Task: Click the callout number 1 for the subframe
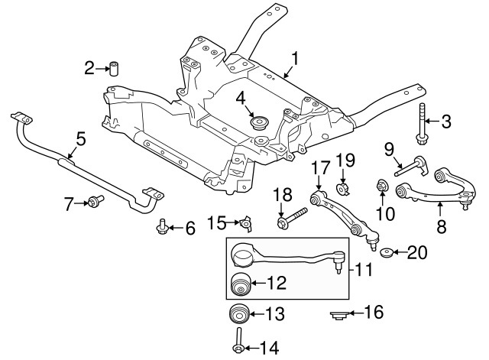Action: click(296, 57)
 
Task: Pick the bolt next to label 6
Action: click(162, 226)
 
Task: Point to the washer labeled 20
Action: click(387, 253)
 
